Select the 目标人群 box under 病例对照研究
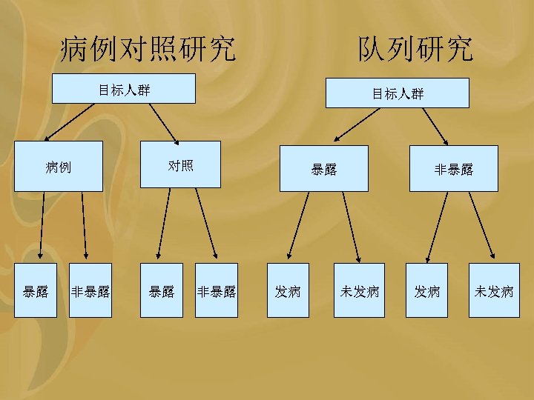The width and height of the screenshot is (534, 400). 125,90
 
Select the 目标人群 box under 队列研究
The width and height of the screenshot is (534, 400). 398,93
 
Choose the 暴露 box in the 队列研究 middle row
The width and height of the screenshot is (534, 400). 323,170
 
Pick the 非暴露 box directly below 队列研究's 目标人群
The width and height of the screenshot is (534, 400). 453,170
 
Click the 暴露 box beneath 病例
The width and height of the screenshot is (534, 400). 36,291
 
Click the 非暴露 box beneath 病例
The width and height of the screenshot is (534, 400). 90,291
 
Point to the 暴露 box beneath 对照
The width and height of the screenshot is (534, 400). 162,291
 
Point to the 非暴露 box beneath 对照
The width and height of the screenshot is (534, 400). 217,291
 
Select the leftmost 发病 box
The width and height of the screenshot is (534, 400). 288,291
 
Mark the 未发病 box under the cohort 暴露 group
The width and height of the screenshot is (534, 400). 359,291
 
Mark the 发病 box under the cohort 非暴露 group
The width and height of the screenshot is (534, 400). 427,291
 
